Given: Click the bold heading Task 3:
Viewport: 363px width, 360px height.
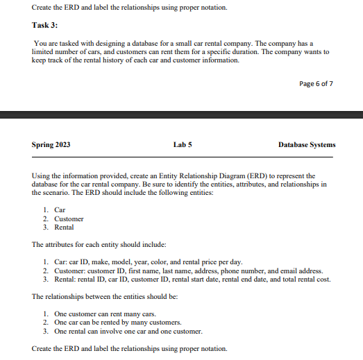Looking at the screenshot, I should (x=45, y=26).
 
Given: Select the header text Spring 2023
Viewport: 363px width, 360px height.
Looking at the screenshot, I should (x=51, y=145).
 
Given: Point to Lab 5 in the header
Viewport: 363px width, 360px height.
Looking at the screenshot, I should (x=183, y=145).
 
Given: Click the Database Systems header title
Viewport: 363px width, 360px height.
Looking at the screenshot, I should (x=306, y=145).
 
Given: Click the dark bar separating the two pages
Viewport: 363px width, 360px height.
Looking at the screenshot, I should (x=181, y=114).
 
